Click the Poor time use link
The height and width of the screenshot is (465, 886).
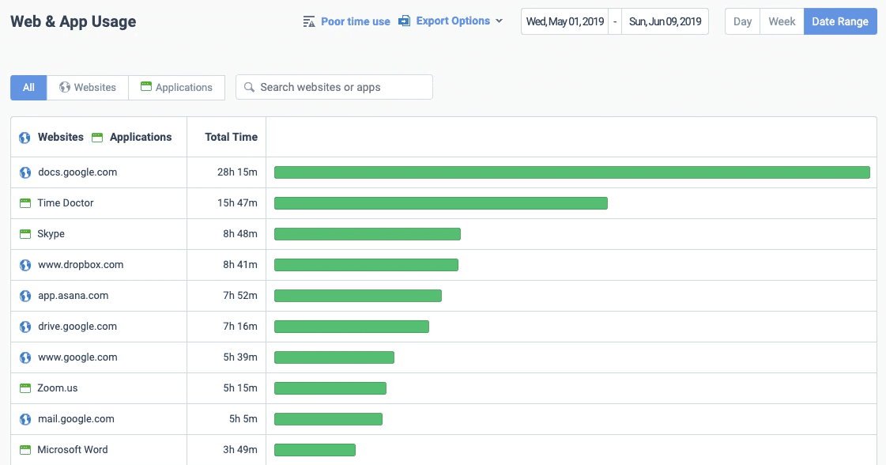click(x=355, y=21)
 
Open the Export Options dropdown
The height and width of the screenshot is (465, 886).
click(x=453, y=21)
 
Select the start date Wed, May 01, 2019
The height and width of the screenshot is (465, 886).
click(x=565, y=21)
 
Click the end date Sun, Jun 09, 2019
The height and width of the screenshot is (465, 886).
click(x=665, y=21)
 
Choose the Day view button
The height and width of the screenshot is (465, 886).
click(x=742, y=21)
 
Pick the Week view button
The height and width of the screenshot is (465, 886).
click(x=782, y=21)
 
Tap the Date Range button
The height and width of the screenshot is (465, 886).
click(x=839, y=21)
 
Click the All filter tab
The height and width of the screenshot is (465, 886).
click(x=28, y=87)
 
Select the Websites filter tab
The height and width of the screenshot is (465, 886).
click(x=88, y=87)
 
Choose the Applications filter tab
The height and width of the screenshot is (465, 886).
click(x=176, y=87)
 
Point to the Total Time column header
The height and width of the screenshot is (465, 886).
click(x=231, y=137)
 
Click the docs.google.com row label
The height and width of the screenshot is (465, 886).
click(x=77, y=172)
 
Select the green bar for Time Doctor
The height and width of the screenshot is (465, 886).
click(x=440, y=203)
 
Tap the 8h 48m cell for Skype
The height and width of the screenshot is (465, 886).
click(x=240, y=234)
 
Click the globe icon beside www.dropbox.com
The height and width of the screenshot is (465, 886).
click(x=25, y=265)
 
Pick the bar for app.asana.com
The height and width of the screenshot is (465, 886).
click(x=357, y=296)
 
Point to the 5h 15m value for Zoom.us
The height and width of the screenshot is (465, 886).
click(x=240, y=388)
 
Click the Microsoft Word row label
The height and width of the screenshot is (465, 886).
click(x=73, y=450)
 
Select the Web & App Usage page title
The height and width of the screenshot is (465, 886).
click(x=73, y=21)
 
